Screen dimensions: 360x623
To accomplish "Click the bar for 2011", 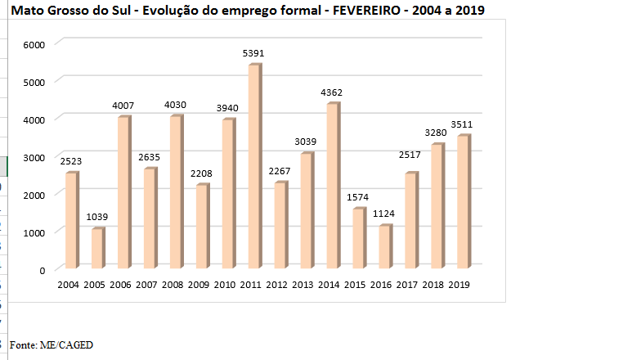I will (x=254, y=167).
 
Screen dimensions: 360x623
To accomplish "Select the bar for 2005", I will (x=97, y=249).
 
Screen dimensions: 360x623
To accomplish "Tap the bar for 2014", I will (x=333, y=187).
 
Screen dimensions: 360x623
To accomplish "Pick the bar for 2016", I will (x=385, y=247).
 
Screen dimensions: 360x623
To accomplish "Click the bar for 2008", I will (x=176, y=192).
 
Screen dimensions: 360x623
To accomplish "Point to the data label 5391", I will (x=253, y=54).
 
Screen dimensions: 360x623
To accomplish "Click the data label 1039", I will (x=96, y=218).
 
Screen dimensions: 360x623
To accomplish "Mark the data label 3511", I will (x=463, y=124).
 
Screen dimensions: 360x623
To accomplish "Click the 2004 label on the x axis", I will (x=69, y=284).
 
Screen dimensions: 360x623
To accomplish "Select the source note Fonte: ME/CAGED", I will (x=50, y=345).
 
